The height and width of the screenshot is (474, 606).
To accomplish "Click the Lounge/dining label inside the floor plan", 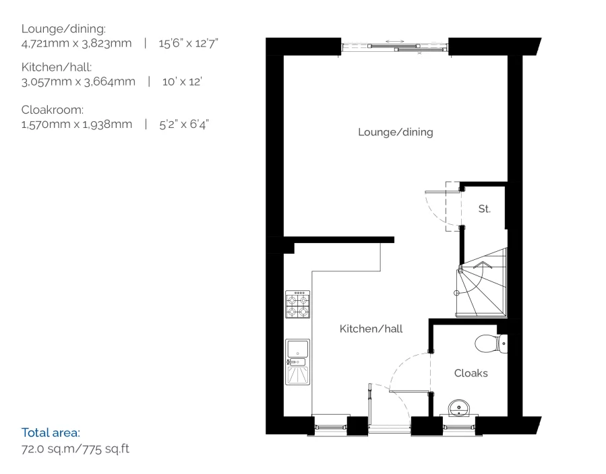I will [395, 132].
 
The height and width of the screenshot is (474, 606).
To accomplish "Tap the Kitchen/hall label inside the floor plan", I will [371, 329].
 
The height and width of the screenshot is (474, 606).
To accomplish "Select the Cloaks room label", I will [471, 373].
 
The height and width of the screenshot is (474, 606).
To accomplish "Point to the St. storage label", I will [484, 209].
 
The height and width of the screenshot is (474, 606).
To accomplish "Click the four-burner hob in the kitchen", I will [297, 304].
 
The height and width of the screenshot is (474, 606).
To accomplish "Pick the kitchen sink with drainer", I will [297, 362].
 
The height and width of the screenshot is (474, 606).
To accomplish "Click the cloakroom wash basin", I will [460, 408].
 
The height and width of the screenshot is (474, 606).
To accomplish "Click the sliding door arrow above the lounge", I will [395, 42].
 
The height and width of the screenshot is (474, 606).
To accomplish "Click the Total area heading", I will [51, 432].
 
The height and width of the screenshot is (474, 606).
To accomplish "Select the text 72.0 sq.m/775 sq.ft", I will [75, 448].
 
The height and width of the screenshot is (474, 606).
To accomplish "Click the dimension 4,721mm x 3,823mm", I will [76, 43].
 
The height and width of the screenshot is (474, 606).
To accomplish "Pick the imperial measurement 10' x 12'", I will [182, 82].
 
